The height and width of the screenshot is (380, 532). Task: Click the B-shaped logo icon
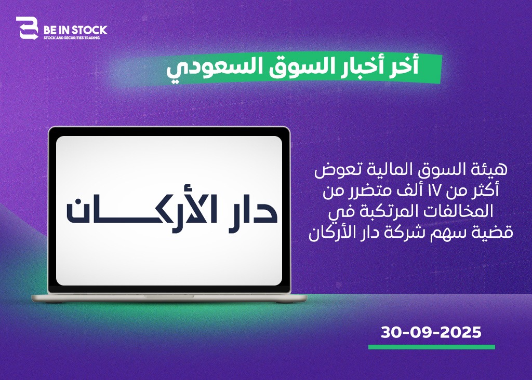pyautogui.click(x=27, y=28)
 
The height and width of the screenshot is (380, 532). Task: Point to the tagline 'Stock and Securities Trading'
pyautogui.click(x=72, y=38)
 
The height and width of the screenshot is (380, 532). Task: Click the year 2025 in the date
pyautogui.click(x=461, y=332)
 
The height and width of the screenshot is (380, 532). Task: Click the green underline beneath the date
pyautogui.click(x=432, y=347)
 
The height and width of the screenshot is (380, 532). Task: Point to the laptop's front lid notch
pyautogui.click(x=169, y=296)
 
